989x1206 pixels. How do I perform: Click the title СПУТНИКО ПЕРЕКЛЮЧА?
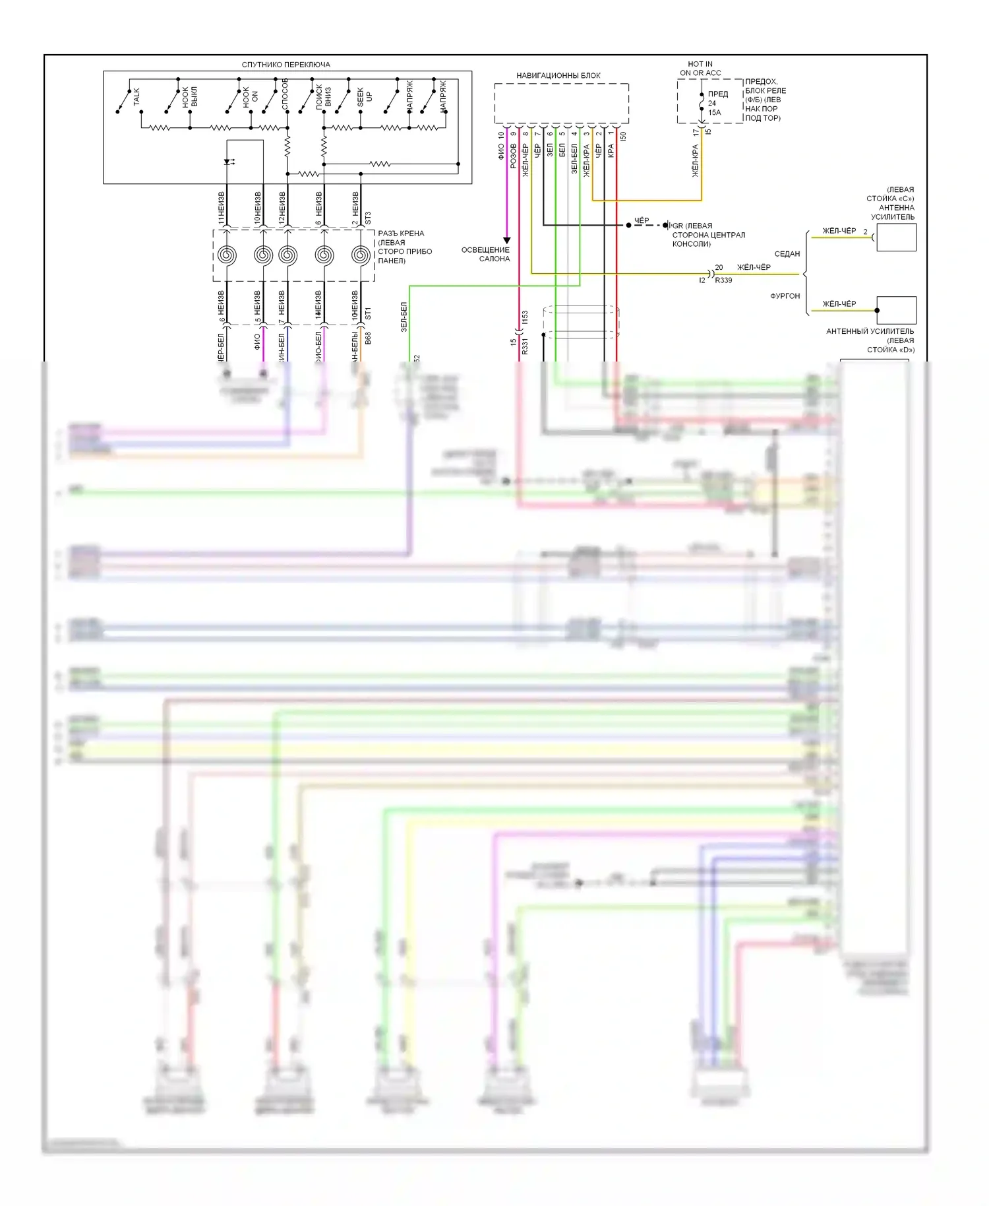pyautogui.click(x=285, y=65)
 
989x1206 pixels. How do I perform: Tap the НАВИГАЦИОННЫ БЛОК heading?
pyautogui.click(x=558, y=75)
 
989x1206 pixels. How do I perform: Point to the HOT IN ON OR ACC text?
pyautogui.click(x=700, y=69)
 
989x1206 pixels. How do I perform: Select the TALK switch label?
pyautogui.click(x=136, y=96)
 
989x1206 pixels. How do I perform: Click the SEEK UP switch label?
pyautogui.click(x=364, y=96)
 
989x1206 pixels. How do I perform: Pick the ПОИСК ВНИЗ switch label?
pyautogui.click(x=323, y=96)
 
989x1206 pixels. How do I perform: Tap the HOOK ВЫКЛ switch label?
pyautogui.click(x=190, y=96)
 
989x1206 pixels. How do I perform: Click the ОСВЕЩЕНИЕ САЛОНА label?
pyautogui.click(x=486, y=254)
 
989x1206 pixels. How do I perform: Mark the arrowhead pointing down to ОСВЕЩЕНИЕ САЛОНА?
pyautogui.click(x=507, y=240)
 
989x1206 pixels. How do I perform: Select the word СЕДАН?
pyautogui.click(x=787, y=254)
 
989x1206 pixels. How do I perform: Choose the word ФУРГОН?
pyautogui.click(x=785, y=296)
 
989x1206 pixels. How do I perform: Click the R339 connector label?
pyautogui.click(x=723, y=280)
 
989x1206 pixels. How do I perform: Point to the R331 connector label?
pyautogui.click(x=525, y=347)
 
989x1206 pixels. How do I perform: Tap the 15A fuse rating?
pyautogui.click(x=715, y=113)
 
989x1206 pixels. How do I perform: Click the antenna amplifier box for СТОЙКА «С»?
pyautogui.click(x=896, y=238)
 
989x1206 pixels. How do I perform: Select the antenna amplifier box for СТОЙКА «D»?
pyautogui.click(x=896, y=310)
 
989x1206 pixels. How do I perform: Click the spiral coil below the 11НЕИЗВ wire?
pyautogui.click(x=227, y=255)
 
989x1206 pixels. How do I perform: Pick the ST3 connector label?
pyautogui.click(x=368, y=217)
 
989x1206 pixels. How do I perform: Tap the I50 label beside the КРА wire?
pyautogui.click(x=623, y=137)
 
